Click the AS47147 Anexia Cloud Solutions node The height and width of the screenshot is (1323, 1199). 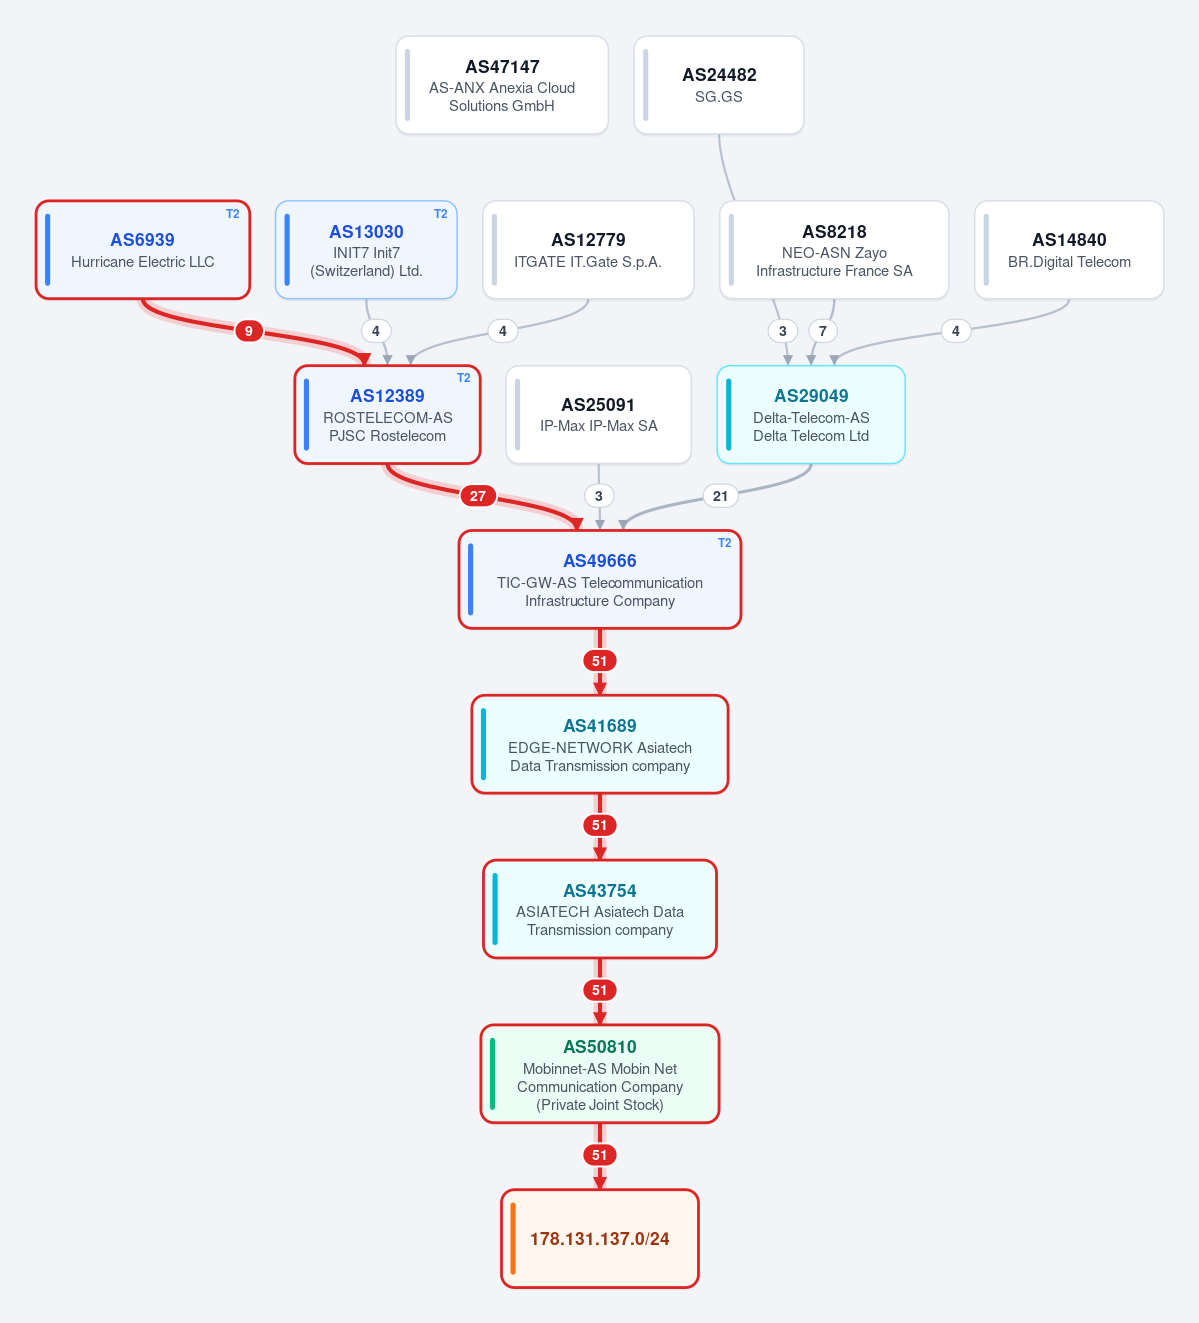click(x=501, y=85)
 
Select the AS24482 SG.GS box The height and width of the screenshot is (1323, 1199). click(x=719, y=85)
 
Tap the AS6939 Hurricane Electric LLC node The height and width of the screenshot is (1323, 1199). click(x=142, y=250)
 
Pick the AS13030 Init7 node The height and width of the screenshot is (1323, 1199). click(x=366, y=250)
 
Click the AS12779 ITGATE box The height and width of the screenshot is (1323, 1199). click(x=588, y=250)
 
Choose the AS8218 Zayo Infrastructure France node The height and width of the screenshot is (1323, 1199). click(x=834, y=250)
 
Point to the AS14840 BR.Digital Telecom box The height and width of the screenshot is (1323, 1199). click(x=1069, y=250)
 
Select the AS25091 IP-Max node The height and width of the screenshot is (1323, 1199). click(x=599, y=415)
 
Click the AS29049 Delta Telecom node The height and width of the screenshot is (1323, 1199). click(x=811, y=415)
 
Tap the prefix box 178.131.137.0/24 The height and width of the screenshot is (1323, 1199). click(x=600, y=1239)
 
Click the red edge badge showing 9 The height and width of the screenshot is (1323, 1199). click(x=249, y=331)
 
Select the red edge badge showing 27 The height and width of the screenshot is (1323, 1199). click(x=477, y=496)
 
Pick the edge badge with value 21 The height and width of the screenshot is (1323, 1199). click(x=720, y=496)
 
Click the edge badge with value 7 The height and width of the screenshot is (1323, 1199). click(x=822, y=331)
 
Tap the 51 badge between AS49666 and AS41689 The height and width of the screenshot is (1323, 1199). click(x=600, y=661)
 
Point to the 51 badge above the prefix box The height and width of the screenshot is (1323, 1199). click(x=600, y=1155)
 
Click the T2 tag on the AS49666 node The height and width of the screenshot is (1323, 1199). click(x=724, y=543)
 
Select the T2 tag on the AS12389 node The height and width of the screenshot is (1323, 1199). click(x=464, y=378)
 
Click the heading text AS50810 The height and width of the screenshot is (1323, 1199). click(x=600, y=1047)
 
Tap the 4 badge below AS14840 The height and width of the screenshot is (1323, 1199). click(x=956, y=331)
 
